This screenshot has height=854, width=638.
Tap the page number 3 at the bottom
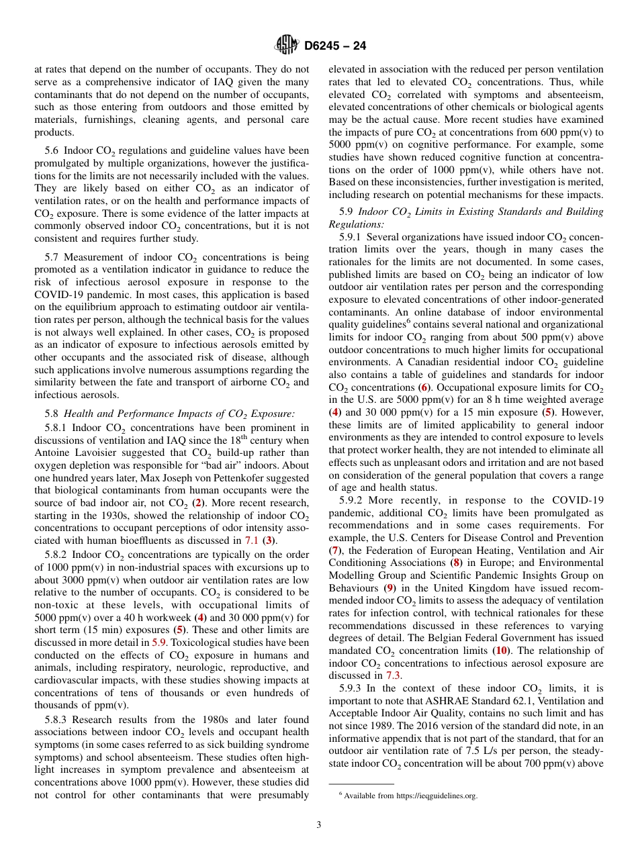click(x=319, y=825)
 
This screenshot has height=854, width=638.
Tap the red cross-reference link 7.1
click(x=251, y=540)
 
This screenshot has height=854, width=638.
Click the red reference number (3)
click(x=269, y=540)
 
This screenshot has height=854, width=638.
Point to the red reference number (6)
click(x=424, y=387)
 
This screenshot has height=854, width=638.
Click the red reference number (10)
click(x=501, y=651)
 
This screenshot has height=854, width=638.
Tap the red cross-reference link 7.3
click(x=392, y=676)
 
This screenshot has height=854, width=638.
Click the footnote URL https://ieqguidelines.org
click(x=437, y=796)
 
